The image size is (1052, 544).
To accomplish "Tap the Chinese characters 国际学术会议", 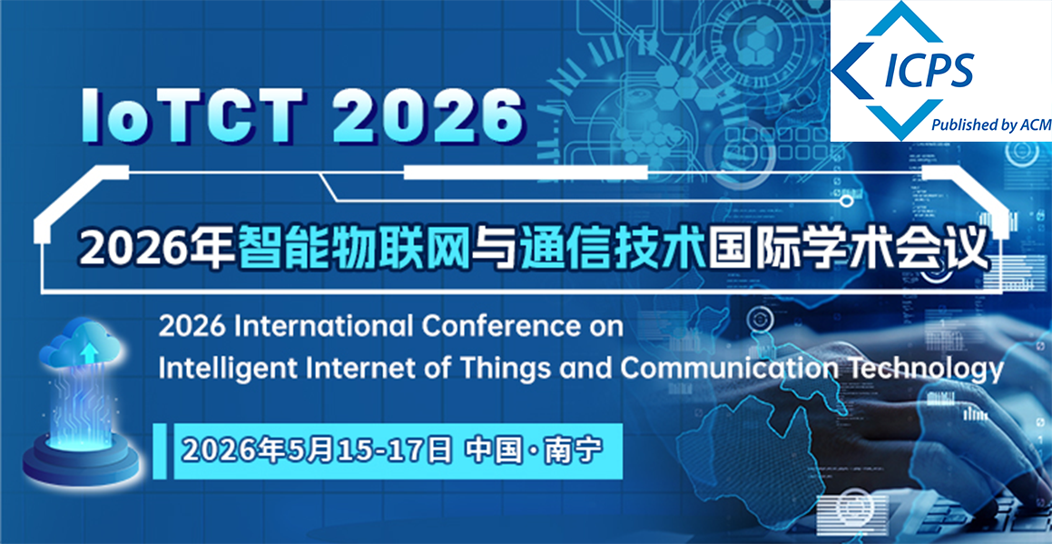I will point(848,245).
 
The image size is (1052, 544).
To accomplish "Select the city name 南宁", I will point(573,450).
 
